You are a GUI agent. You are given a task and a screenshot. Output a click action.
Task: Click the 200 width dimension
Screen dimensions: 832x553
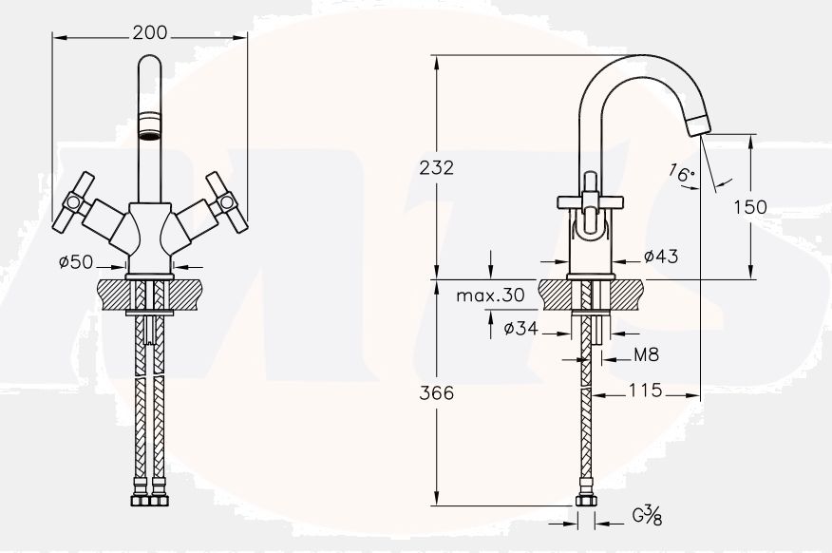tap(150, 33)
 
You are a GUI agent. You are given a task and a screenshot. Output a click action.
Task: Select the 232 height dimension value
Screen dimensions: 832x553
tap(437, 167)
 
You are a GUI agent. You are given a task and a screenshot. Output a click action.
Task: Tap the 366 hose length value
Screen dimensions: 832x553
tap(437, 393)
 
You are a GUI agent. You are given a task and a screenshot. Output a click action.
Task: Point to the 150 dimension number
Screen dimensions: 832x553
tap(750, 207)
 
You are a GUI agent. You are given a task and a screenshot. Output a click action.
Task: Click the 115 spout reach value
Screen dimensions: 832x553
tap(646, 391)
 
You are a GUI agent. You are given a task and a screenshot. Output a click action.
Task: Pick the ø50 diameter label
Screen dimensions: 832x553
tap(76, 261)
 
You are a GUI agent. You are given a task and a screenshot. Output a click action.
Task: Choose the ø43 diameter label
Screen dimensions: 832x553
tap(661, 257)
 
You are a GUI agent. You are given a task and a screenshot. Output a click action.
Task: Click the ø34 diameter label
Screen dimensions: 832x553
tap(521, 329)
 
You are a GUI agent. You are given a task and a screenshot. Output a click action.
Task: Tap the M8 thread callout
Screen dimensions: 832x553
tap(647, 354)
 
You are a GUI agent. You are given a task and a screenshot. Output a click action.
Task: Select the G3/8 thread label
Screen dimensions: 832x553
tap(648, 515)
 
